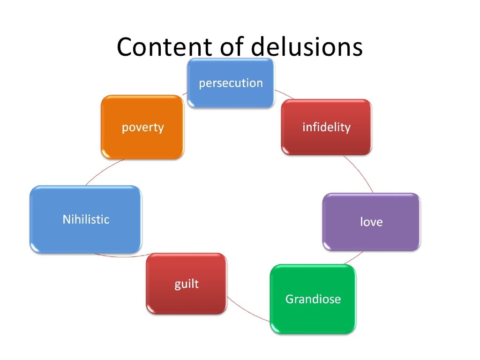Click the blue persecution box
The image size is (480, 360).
[231, 83]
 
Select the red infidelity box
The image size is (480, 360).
[326, 127]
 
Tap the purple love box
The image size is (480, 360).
[371, 221]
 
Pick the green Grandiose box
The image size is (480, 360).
[313, 299]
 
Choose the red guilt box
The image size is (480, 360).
[187, 284]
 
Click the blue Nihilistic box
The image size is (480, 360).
[86, 219]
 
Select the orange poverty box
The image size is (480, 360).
[142, 127]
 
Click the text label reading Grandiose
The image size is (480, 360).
[313, 299]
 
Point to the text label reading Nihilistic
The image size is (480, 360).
[86, 219]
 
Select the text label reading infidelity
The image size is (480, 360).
[326, 127]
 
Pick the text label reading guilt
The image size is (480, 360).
[187, 284]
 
